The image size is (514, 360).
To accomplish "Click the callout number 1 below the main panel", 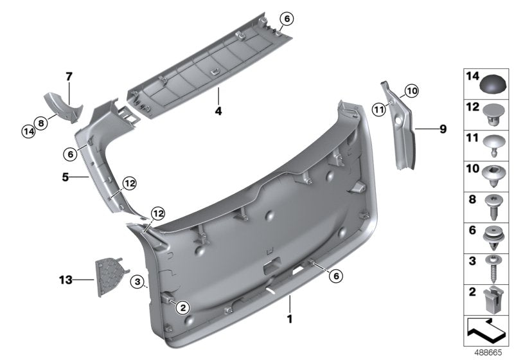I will (x=289, y=318).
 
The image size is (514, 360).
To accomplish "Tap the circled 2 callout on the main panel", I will (x=182, y=307).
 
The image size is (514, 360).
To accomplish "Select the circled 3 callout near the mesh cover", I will (x=137, y=282).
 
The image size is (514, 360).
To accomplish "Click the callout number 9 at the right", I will (x=442, y=129).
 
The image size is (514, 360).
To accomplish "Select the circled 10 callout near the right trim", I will (x=411, y=91).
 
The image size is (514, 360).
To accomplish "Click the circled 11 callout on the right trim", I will (x=378, y=109).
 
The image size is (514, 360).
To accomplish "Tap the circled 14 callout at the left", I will (x=28, y=131).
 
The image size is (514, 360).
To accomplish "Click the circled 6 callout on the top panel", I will (x=287, y=19).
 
